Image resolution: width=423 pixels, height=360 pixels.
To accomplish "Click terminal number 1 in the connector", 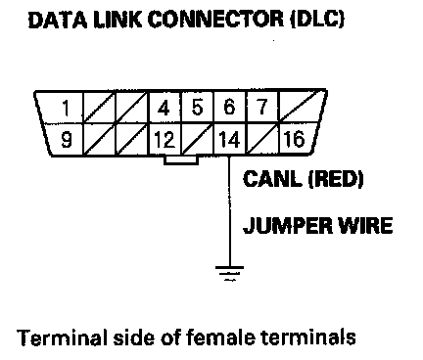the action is pos(67,108).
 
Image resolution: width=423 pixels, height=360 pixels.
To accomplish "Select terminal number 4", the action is pos(164,108).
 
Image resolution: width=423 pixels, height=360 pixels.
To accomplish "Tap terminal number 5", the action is pos(197,108).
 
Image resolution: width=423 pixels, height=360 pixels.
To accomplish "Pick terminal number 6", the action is pos(229,108).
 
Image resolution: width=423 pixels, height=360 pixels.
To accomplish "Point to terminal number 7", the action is pos(262,107).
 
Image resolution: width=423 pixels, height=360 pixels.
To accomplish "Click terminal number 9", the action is pos(67,140).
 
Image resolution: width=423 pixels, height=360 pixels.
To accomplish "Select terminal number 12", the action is pos(164,140).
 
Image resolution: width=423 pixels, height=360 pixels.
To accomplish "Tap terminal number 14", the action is pos(229,140).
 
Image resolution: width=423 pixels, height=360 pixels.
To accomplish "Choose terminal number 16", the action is pos(294,139).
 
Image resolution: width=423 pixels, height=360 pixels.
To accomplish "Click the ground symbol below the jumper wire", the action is pos(229,273).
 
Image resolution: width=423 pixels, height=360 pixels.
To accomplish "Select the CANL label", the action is pos(272,179).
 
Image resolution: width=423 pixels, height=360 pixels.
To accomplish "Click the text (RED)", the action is pos(336,179).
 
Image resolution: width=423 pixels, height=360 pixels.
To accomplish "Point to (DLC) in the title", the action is pos(317,20).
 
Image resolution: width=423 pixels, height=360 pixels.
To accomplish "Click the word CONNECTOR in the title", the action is pos(215,20).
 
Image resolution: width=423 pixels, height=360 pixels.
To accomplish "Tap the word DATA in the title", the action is pos(58,21).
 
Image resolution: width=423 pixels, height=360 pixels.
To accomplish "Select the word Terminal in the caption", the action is pos(62,337).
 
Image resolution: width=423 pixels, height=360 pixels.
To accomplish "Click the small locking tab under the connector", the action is pos(181,160).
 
